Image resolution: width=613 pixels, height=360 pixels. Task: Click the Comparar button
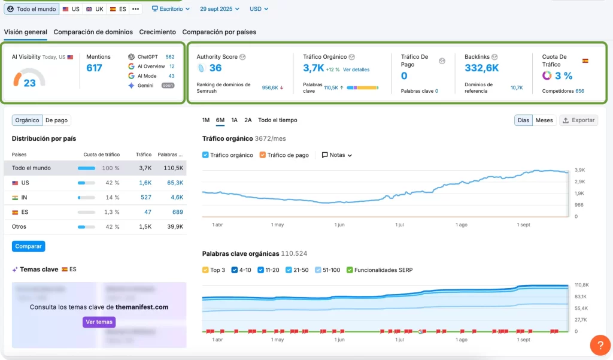click(28, 246)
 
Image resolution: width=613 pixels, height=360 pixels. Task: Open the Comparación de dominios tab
click(92, 32)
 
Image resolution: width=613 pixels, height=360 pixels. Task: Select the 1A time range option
click(235, 120)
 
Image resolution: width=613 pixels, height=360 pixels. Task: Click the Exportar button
click(578, 120)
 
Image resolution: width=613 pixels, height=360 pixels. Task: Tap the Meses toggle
click(544, 120)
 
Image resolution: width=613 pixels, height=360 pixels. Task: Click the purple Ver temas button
click(99, 322)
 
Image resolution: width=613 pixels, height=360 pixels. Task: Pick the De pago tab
click(57, 120)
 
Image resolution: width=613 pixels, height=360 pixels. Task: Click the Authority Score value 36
click(216, 68)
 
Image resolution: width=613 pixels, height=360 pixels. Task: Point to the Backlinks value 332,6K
click(481, 68)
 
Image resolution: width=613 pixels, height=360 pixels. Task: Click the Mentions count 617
click(94, 68)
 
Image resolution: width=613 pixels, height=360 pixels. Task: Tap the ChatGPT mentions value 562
click(170, 57)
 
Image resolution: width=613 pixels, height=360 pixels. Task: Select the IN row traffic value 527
click(145, 197)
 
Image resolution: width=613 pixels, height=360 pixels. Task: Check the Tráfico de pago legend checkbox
click(263, 155)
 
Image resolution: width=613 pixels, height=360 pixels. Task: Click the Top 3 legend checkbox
click(206, 270)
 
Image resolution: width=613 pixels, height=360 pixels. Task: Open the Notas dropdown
click(337, 155)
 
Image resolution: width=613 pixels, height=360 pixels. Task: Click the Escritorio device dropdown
click(171, 9)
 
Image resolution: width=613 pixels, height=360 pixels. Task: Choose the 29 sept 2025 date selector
click(219, 9)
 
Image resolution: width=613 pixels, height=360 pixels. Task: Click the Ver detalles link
click(356, 69)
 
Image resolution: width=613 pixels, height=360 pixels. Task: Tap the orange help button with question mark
click(600, 346)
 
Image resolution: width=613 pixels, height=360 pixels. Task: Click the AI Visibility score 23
click(29, 83)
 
